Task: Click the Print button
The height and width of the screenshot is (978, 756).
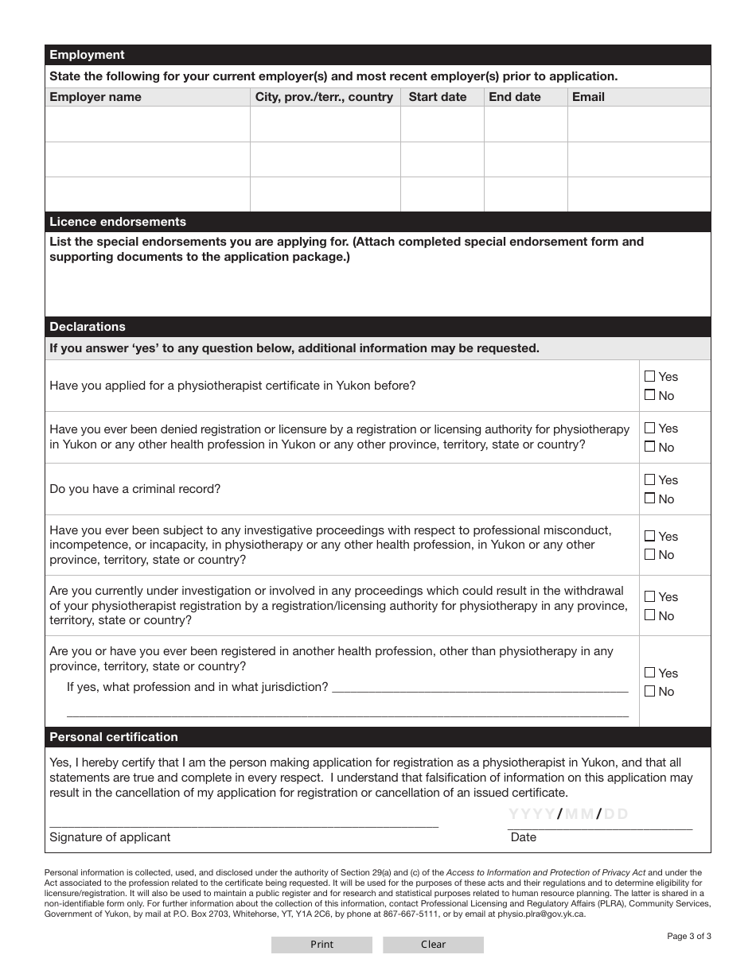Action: point(321,945)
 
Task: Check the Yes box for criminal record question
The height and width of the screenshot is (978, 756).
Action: point(650,479)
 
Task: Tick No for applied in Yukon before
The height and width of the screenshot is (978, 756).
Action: point(650,395)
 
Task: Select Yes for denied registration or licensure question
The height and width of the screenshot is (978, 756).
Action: point(650,428)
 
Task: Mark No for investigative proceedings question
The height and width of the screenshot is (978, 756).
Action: point(650,554)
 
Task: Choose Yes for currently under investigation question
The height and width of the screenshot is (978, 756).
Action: point(650,596)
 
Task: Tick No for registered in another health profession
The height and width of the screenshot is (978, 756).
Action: point(650,691)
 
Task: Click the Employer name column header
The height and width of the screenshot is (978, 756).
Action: point(95,97)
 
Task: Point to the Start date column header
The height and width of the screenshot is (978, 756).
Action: point(438,97)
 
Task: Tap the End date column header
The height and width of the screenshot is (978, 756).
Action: point(515,97)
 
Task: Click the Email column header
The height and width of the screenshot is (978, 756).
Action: point(588,97)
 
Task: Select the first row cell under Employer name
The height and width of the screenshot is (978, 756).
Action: point(147,124)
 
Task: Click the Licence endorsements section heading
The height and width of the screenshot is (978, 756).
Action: point(118,222)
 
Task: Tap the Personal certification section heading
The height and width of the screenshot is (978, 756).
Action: point(114,737)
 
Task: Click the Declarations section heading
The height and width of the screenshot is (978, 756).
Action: point(88,327)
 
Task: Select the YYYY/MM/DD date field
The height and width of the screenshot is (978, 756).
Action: point(600,815)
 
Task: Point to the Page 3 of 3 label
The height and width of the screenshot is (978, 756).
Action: point(689,936)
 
